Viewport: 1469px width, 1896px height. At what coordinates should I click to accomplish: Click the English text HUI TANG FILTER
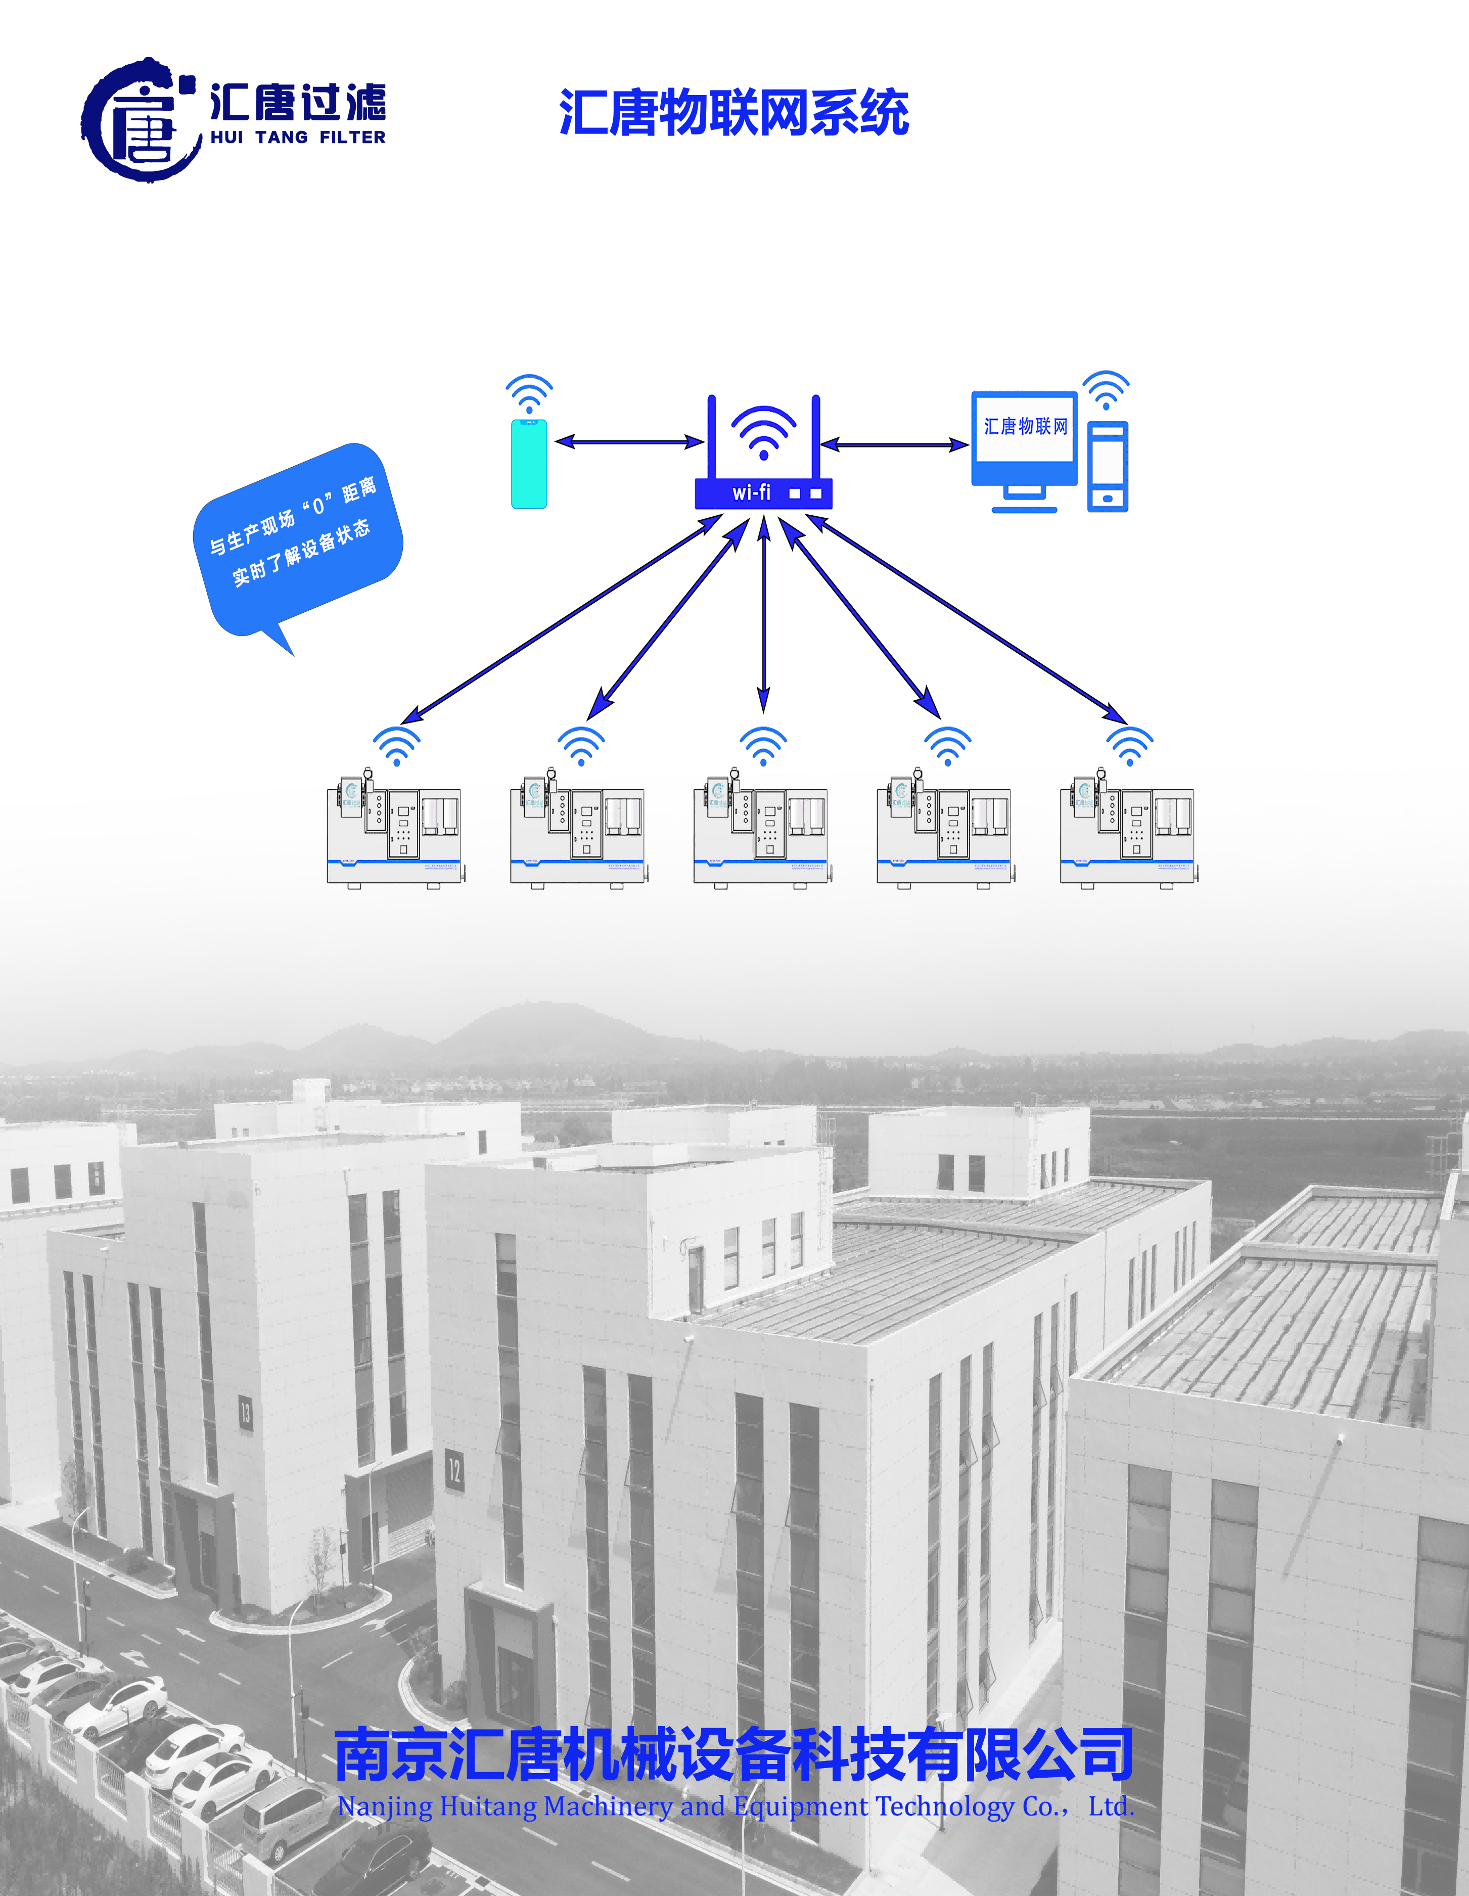(298, 137)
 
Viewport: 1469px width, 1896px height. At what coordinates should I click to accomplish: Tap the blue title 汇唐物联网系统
(733, 113)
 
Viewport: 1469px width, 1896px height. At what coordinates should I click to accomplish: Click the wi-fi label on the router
(751, 493)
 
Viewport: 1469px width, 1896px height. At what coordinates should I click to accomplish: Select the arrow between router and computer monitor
(894, 444)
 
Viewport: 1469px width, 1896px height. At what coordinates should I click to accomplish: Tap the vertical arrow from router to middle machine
(763, 612)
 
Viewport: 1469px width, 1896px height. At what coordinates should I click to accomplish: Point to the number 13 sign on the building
(246, 1413)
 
